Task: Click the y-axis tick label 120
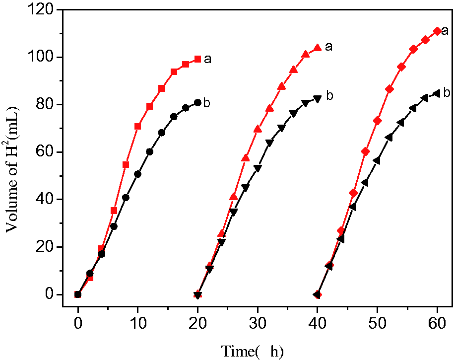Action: pyautogui.click(x=41, y=10)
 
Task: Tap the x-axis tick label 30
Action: pyautogui.click(x=257, y=323)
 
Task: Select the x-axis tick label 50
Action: pyautogui.click(x=377, y=323)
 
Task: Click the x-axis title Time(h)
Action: pyautogui.click(x=252, y=352)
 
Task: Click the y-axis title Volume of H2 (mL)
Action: pyautogui.click(x=12, y=170)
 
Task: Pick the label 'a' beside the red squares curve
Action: pyautogui.click(x=207, y=59)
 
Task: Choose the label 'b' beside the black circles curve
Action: pyautogui.click(x=206, y=102)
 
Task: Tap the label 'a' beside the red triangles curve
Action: pyautogui.click(x=328, y=47)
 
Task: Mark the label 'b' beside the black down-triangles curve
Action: pyautogui.click(x=329, y=95)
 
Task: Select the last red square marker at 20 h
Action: pyautogui.click(x=197, y=59)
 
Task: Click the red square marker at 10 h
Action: pyautogui.click(x=137, y=126)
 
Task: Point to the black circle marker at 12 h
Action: pyautogui.click(x=150, y=152)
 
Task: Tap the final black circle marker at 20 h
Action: pyautogui.click(x=197, y=103)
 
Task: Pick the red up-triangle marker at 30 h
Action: pyautogui.click(x=258, y=129)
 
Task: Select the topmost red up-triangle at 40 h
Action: pyautogui.click(x=318, y=48)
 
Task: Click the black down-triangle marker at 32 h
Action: pyautogui.click(x=269, y=143)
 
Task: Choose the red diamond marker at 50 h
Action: pyautogui.click(x=377, y=121)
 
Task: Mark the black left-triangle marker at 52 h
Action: pyautogui.click(x=388, y=138)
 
